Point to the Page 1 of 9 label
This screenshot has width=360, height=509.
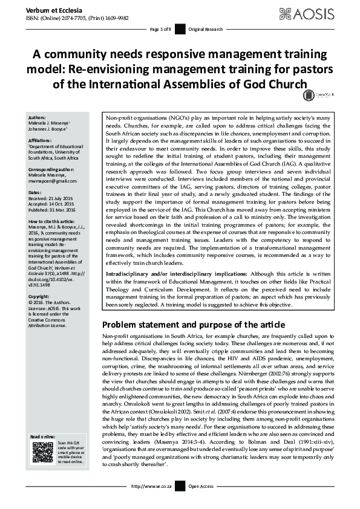point(160,29)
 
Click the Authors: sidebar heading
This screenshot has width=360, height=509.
point(38,117)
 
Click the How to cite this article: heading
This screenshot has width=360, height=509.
point(55,218)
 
